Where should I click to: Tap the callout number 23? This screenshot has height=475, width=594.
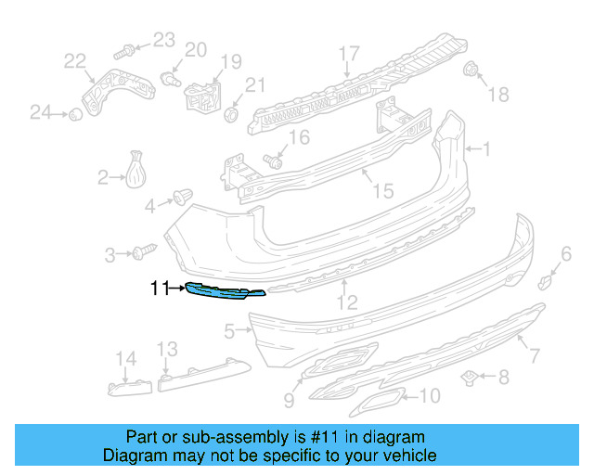click(x=163, y=39)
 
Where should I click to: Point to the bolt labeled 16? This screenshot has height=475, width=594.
click(x=274, y=160)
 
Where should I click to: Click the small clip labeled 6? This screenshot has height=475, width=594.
click(x=547, y=279)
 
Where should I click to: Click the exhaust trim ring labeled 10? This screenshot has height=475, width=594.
click(x=375, y=402)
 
